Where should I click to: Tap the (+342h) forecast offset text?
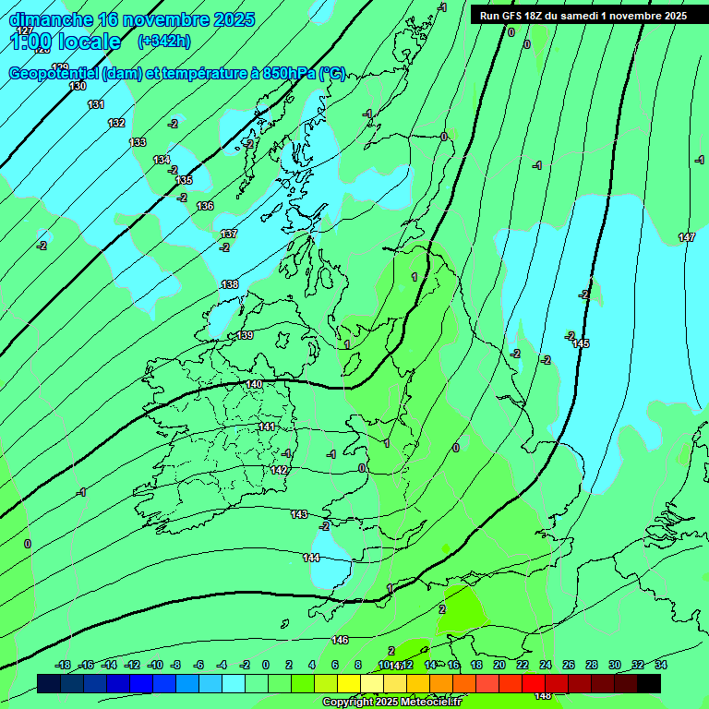coord(163,41)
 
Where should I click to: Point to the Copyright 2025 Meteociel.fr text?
coord(396,703)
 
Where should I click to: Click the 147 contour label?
coord(687,238)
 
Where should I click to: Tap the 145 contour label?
coord(581,344)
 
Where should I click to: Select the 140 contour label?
coord(255,384)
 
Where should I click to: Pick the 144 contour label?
coord(311,558)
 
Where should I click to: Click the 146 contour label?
coord(340,640)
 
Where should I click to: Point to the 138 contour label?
coord(230,284)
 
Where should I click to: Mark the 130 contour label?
coord(78,86)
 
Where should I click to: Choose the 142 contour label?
coord(280,470)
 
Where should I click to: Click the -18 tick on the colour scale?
coord(64,665)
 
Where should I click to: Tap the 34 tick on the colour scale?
coord(661,665)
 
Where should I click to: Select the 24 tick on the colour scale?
coord(546,665)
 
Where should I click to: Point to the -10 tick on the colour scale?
coord(155,665)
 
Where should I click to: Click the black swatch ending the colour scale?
coord(649,683)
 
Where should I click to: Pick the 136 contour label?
coord(205,206)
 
